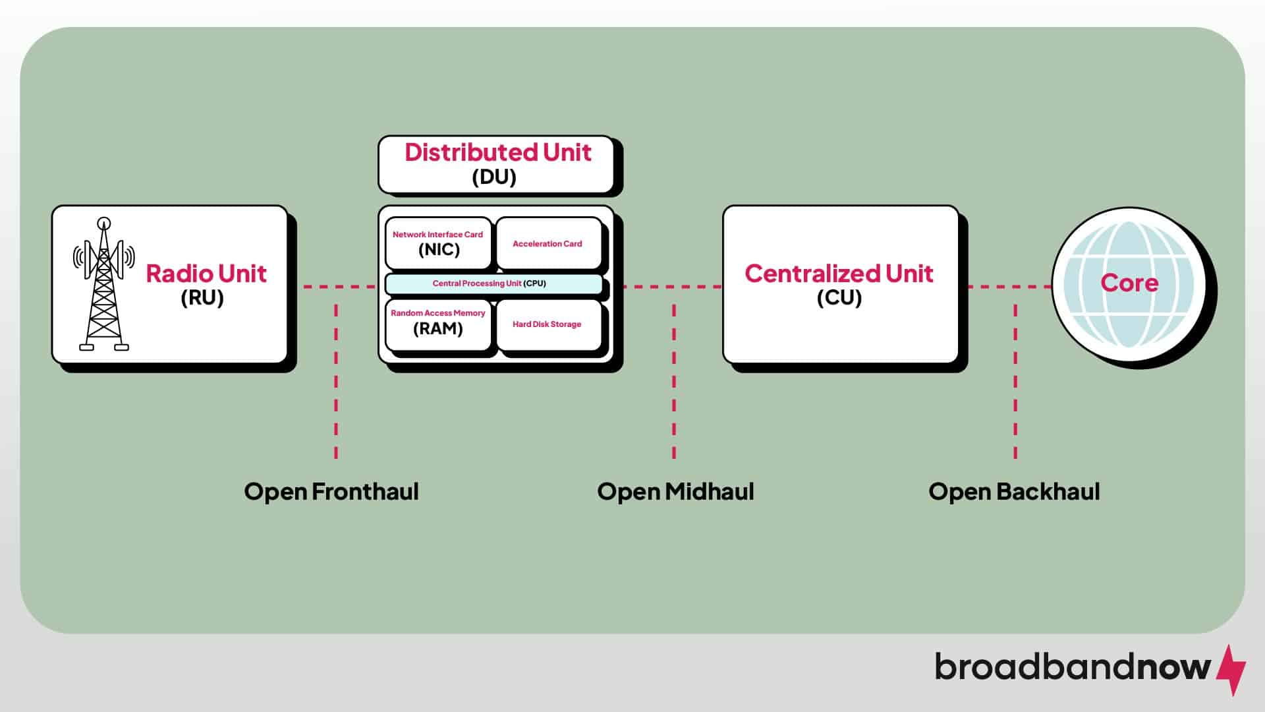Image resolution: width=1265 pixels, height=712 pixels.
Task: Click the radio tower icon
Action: click(103, 284)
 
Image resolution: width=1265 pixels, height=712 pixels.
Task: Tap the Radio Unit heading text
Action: click(206, 274)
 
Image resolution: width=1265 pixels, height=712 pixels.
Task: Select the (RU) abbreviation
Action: click(202, 298)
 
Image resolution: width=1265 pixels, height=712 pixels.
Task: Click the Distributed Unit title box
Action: click(496, 164)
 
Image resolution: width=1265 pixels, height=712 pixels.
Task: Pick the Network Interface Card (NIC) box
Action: click(438, 243)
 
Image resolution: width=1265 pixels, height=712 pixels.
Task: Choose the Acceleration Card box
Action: click(548, 244)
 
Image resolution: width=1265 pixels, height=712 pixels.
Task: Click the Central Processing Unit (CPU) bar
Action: click(493, 283)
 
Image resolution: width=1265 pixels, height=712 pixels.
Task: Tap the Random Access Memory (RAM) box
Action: click(438, 323)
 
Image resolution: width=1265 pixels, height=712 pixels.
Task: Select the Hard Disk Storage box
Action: click(548, 324)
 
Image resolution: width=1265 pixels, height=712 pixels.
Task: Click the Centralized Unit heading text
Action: click(839, 274)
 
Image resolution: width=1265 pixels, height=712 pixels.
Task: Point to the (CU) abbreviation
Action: click(839, 298)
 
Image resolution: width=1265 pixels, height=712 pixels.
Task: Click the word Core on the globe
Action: click(1129, 283)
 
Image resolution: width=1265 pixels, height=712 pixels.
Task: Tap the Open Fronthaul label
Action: click(331, 492)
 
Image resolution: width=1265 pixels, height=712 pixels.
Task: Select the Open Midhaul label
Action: click(675, 492)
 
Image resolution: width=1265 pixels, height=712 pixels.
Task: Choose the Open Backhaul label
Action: click(1014, 492)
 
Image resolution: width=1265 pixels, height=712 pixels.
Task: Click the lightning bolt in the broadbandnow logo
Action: click(1230, 670)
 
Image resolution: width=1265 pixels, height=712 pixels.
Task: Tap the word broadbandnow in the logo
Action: click(1073, 667)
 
